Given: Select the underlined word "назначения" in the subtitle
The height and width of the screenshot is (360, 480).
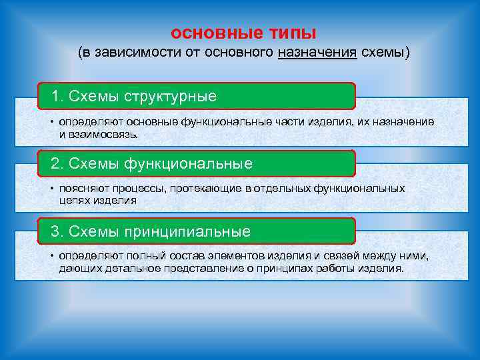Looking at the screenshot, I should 317,53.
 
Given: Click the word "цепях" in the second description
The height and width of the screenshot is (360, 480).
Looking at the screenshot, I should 73,200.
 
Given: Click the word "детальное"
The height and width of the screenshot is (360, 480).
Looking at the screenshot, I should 129,269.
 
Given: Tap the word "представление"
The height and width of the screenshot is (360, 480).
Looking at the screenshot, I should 194,269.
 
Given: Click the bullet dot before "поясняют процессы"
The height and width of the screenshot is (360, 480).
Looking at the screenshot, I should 51,189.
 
